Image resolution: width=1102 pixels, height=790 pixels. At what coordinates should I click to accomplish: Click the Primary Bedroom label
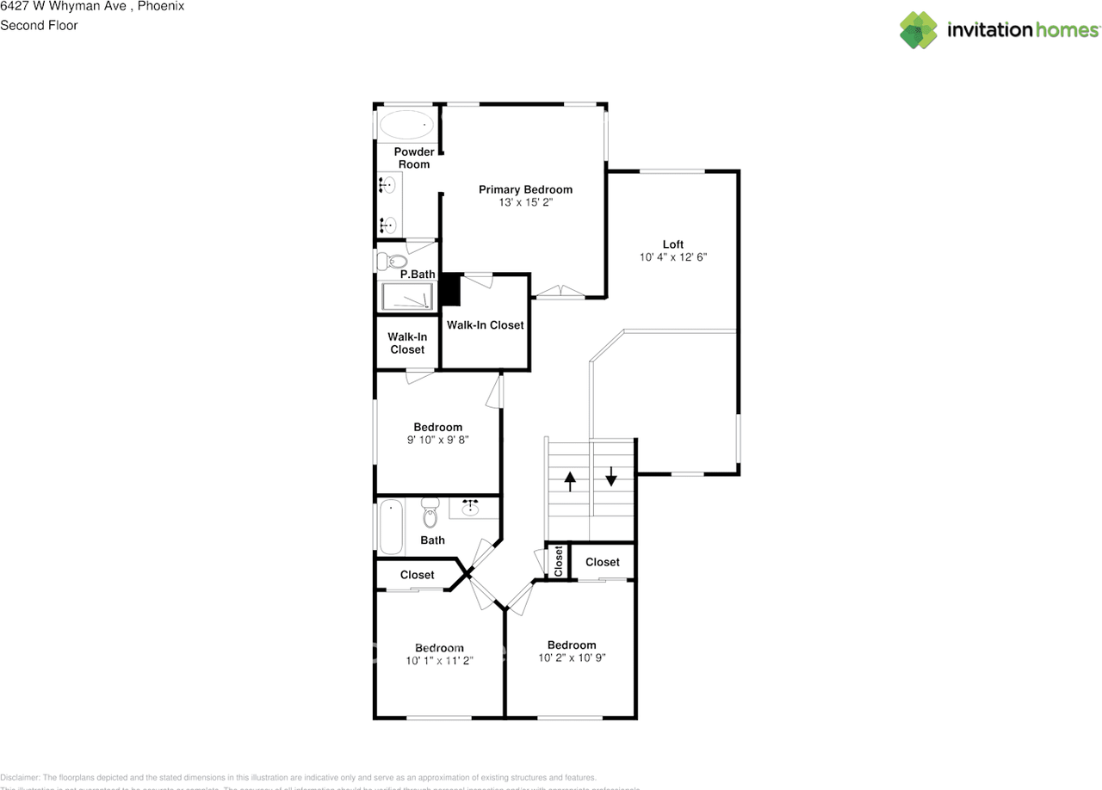(x=525, y=189)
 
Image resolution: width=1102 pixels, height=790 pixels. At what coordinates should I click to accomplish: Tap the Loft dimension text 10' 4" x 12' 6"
(x=672, y=257)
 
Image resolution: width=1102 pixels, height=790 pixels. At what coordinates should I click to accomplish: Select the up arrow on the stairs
(x=569, y=479)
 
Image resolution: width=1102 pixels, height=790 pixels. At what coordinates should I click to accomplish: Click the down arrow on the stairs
(x=611, y=475)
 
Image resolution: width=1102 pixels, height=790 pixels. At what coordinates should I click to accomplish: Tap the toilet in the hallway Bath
(x=430, y=515)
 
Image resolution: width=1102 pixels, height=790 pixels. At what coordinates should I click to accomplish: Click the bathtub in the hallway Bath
(x=391, y=527)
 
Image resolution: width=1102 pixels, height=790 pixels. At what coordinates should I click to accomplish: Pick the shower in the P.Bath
(x=407, y=297)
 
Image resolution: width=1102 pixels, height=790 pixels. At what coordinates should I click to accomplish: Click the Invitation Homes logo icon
(x=919, y=30)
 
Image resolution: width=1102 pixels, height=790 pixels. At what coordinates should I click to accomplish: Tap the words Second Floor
(x=39, y=25)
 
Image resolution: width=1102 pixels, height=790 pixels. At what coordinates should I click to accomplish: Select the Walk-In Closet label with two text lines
(x=406, y=343)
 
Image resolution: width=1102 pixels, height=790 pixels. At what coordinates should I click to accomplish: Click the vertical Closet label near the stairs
(x=558, y=561)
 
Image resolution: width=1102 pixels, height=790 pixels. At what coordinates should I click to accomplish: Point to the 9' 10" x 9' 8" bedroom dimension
(x=438, y=440)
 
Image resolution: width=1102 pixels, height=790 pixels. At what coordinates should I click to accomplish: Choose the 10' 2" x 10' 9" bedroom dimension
(x=572, y=658)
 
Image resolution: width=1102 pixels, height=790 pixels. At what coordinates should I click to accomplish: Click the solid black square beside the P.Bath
(x=450, y=290)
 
